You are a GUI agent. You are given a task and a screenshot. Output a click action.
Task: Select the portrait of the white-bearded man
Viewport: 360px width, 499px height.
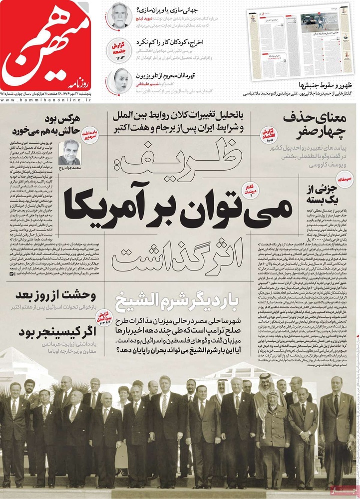pos(118,15)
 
